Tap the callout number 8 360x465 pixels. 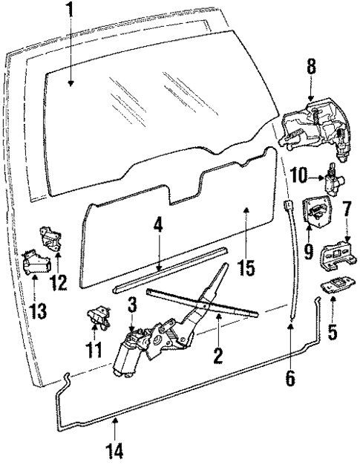coord(311,69)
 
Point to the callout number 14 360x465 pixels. coord(117,449)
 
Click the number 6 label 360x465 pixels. coord(290,377)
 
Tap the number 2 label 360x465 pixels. coord(218,355)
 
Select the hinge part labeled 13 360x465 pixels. coord(37,263)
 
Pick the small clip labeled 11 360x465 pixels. coord(96,318)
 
